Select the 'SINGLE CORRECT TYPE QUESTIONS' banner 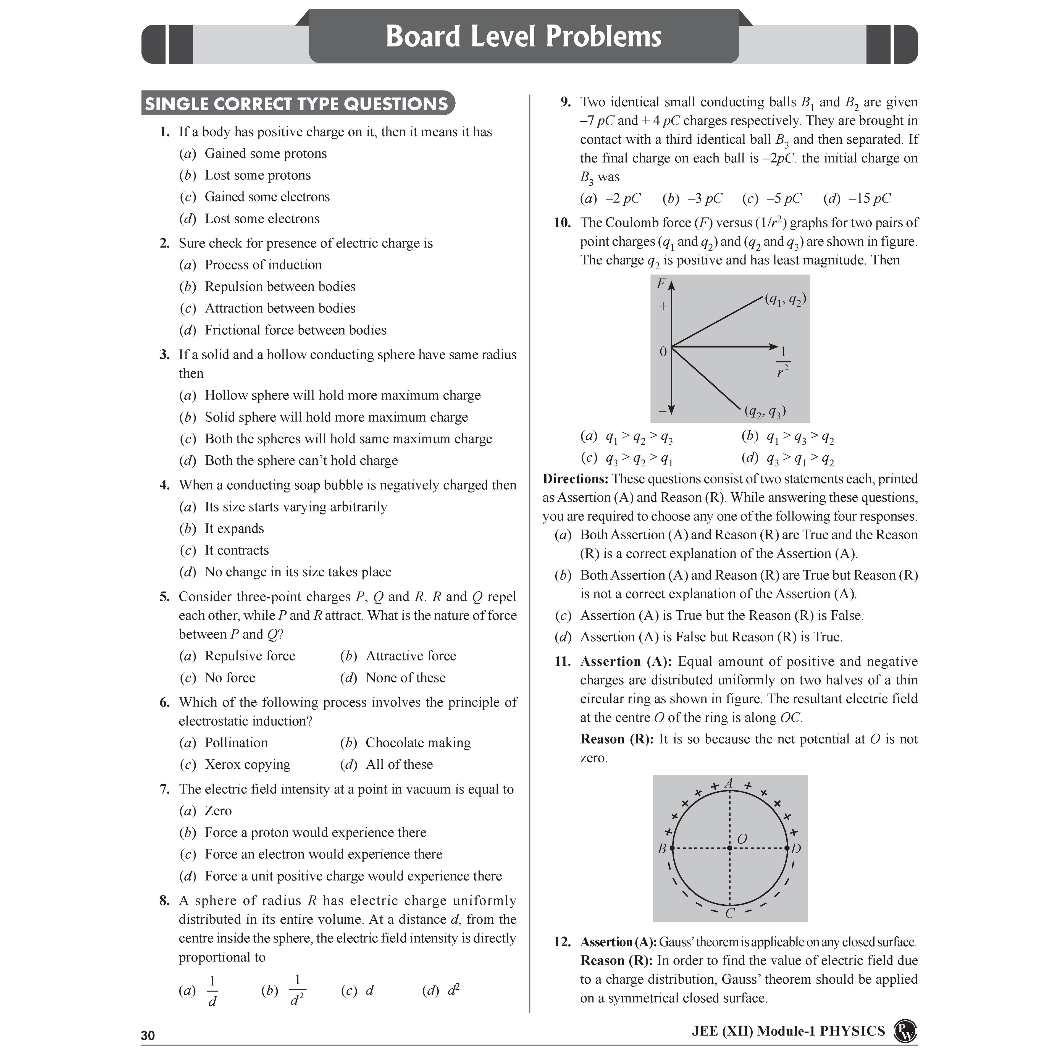click(296, 104)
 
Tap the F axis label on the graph click(661, 284)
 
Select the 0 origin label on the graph click(663, 351)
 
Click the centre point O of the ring click(729, 849)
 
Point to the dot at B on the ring click(672, 849)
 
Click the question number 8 click(164, 901)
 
